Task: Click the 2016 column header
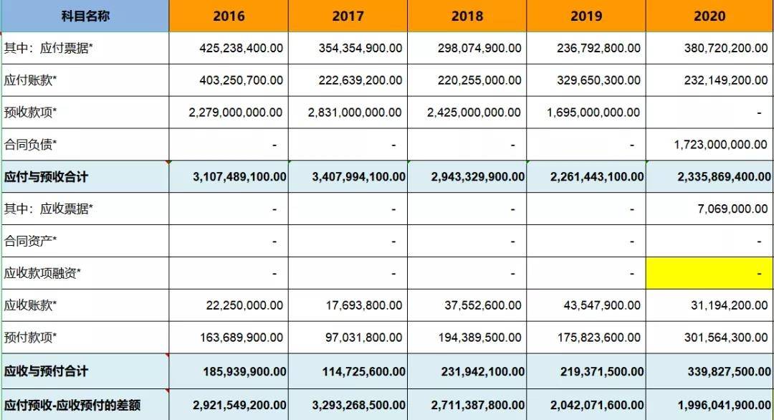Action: pos(229,16)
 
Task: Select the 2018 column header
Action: pos(467,16)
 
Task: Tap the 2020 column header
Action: pos(709,16)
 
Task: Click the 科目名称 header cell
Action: pos(85,16)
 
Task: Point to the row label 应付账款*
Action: pos(30,80)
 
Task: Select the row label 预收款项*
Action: pos(30,113)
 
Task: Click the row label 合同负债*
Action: pos(30,145)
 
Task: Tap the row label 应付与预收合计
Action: pos(47,176)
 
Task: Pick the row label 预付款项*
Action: pos(30,338)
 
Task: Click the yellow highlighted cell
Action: pos(709,273)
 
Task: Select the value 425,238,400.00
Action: pos(241,48)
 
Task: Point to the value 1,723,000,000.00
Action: pos(720,145)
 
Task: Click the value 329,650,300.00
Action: pos(598,80)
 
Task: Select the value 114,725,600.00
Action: pos(358,371)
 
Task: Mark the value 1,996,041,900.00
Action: pos(722,405)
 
